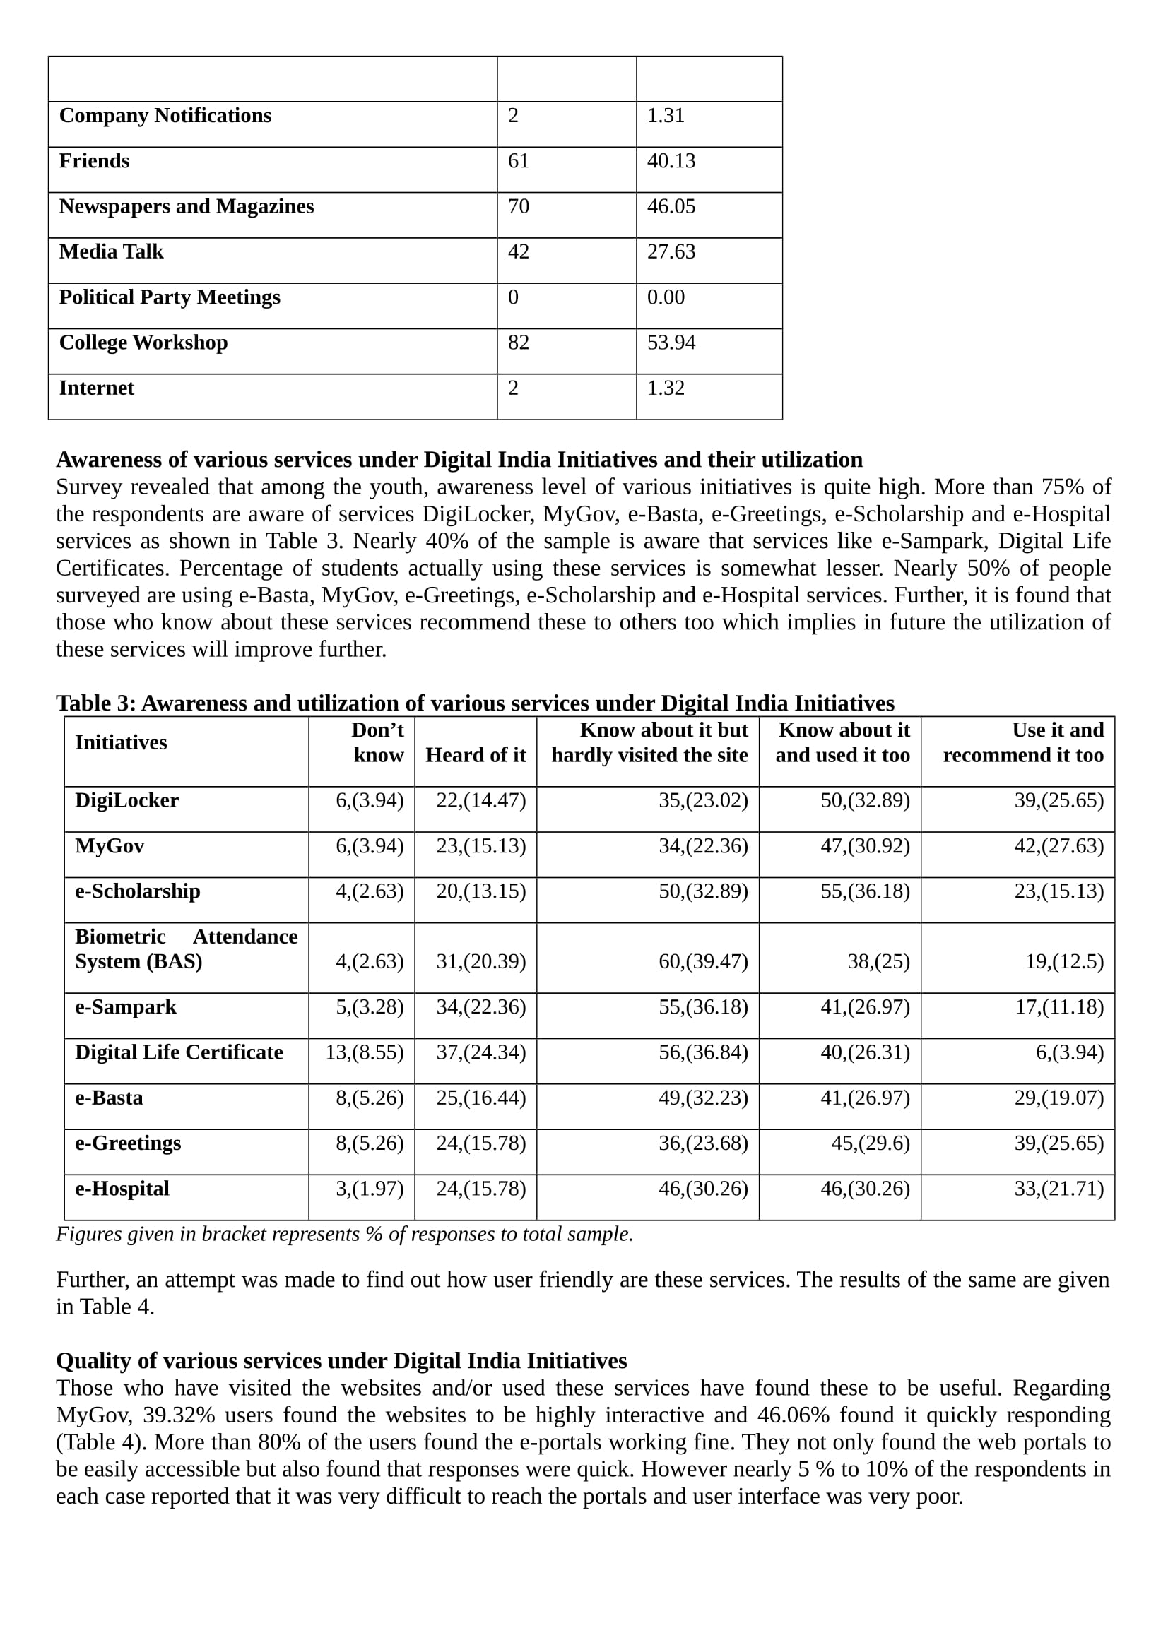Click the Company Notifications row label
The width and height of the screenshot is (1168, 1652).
click(x=165, y=116)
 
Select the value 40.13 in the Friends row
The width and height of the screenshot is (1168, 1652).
click(x=671, y=161)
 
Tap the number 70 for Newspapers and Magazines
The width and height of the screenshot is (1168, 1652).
click(x=518, y=206)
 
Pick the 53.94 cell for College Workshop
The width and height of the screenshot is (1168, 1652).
click(x=671, y=343)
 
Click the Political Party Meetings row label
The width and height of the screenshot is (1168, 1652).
click(x=169, y=297)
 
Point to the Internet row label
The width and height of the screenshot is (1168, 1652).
click(x=96, y=388)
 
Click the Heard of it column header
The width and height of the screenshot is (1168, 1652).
click(x=476, y=755)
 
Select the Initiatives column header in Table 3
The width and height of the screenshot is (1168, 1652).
click(x=121, y=742)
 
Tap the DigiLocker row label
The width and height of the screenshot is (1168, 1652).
click(x=126, y=801)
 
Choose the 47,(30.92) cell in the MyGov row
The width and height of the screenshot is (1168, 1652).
click(x=865, y=846)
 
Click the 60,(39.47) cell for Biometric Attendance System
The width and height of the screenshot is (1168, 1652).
click(x=703, y=962)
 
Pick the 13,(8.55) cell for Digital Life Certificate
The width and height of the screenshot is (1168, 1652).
click(x=364, y=1052)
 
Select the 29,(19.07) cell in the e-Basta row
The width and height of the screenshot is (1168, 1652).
click(x=1058, y=1098)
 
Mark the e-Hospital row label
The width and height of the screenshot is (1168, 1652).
click(x=122, y=1189)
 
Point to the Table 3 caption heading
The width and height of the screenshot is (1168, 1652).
click(x=475, y=703)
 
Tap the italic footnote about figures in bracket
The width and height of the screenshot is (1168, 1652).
click(x=345, y=1235)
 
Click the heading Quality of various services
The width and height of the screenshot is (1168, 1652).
click(x=341, y=1361)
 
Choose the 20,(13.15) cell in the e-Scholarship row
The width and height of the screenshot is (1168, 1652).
click(x=480, y=891)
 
